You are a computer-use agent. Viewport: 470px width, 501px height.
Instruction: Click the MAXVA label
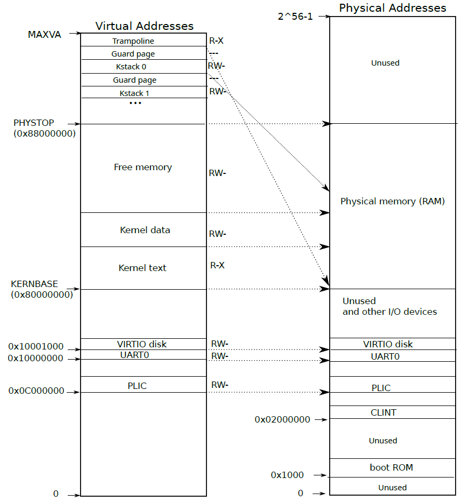(44, 35)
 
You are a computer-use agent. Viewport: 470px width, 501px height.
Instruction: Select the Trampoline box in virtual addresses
(133, 41)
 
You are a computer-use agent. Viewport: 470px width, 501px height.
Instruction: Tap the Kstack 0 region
(131, 67)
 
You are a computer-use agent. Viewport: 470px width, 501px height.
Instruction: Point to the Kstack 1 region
(134, 93)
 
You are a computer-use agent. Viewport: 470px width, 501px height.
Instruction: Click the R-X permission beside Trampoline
(216, 41)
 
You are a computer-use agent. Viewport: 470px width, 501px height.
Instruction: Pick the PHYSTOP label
(34, 123)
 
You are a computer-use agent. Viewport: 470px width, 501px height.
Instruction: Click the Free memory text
(143, 167)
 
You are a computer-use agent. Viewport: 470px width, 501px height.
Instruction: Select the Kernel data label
(145, 230)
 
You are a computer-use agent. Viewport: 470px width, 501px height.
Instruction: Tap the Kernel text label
(142, 268)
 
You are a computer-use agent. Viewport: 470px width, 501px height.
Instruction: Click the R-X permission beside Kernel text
(217, 265)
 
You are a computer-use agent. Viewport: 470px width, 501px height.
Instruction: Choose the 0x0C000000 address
(36, 391)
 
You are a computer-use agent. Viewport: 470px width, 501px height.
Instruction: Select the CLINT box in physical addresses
(384, 412)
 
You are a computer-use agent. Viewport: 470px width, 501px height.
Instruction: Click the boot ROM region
(392, 467)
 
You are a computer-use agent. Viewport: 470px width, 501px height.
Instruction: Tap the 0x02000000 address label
(282, 420)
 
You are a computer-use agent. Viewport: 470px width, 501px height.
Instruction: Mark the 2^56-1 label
(295, 17)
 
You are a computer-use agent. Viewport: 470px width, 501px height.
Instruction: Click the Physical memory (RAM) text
(393, 201)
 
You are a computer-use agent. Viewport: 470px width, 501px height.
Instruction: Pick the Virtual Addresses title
(144, 26)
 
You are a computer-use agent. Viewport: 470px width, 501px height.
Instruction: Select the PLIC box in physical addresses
(381, 388)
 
